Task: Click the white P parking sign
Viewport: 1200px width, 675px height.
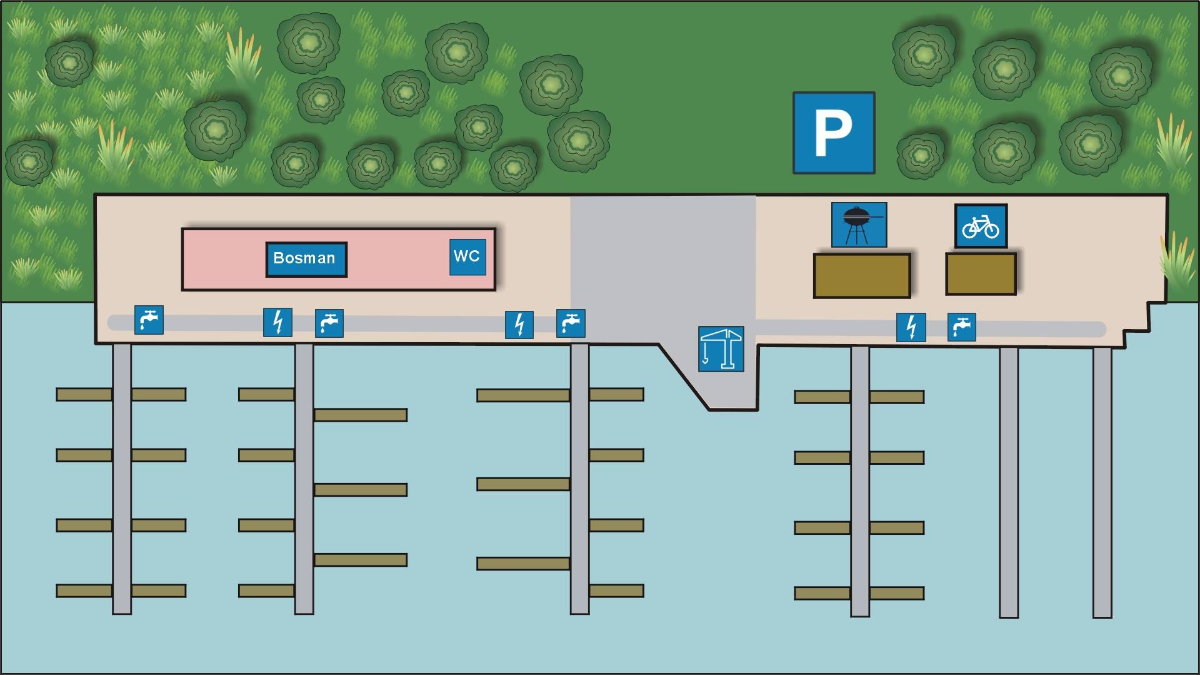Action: [833, 133]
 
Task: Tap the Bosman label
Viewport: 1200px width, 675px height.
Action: [306, 259]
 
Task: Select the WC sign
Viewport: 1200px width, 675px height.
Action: [467, 256]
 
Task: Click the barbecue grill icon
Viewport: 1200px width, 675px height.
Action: [859, 225]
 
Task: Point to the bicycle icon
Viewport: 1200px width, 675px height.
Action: [981, 226]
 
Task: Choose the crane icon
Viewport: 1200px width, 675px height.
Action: [721, 348]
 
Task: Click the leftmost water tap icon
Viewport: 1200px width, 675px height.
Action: [149, 320]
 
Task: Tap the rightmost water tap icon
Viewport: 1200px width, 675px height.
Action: [961, 327]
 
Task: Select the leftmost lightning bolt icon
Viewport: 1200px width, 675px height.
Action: [277, 322]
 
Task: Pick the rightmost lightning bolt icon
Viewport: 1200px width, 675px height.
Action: [911, 327]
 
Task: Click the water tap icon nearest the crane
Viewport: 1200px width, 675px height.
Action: [571, 323]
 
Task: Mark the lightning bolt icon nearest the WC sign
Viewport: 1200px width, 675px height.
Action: [519, 325]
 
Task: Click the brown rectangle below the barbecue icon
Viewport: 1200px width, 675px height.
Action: [861, 275]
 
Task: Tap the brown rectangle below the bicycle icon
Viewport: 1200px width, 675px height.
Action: [980, 273]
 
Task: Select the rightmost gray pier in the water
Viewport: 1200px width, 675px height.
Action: [1102, 482]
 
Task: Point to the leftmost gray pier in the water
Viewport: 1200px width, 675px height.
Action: [122, 479]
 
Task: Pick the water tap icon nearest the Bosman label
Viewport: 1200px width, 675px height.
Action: [329, 323]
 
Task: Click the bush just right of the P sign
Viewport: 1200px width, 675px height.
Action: [920, 155]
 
